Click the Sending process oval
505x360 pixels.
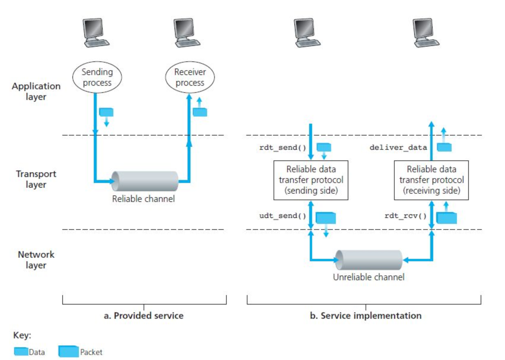click(97, 77)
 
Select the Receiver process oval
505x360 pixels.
click(190, 77)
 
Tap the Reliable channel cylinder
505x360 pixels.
click(145, 181)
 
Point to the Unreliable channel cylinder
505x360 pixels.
click(369, 260)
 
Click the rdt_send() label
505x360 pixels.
click(282, 147)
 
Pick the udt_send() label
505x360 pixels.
click(282, 216)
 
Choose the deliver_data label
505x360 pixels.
click(398, 147)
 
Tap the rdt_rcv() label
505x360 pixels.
click(405, 216)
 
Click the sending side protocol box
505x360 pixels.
click(311, 180)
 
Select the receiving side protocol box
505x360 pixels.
click(431, 180)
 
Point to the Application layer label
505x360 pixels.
click(36, 91)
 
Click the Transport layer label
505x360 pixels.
click(36, 179)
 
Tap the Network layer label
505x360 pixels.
click(36, 260)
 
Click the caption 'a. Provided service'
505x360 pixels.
click(144, 316)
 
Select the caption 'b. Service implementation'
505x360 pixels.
click(366, 316)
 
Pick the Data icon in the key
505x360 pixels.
click(21, 351)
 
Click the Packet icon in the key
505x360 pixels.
click(69, 351)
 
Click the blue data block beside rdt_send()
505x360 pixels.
click(324, 147)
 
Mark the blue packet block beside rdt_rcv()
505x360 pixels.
click(447, 218)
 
